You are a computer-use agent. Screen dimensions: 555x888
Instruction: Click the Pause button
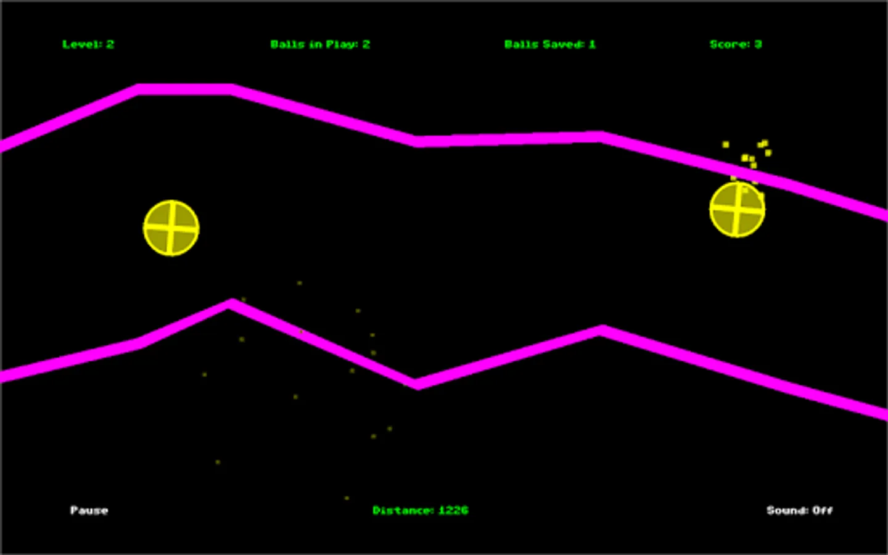(x=89, y=510)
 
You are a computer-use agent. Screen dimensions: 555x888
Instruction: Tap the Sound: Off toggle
(x=799, y=510)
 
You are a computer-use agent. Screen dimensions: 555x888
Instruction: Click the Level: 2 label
(x=88, y=44)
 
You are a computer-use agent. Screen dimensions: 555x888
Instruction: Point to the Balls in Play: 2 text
(x=320, y=44)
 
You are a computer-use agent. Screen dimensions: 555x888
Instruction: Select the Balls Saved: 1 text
(x=549, y=44)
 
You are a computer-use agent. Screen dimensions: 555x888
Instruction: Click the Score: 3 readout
(x=736, y=44)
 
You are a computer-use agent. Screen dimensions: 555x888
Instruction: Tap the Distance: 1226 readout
(x=420, y=510)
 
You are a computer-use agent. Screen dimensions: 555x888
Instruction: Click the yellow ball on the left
(x=171, y=228)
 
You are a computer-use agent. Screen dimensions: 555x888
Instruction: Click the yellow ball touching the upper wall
(x=737, y=210)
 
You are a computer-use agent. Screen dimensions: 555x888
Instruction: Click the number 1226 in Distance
(x=453, y=510)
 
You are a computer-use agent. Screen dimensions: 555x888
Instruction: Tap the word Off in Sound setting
(x=822, y=510)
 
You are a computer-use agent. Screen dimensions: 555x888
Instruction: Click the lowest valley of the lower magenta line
(x=417, y=384)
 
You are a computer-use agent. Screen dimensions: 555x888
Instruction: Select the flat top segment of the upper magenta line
(x=185, y=89)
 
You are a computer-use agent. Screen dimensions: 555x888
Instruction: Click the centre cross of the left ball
(x=171, y=228)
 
